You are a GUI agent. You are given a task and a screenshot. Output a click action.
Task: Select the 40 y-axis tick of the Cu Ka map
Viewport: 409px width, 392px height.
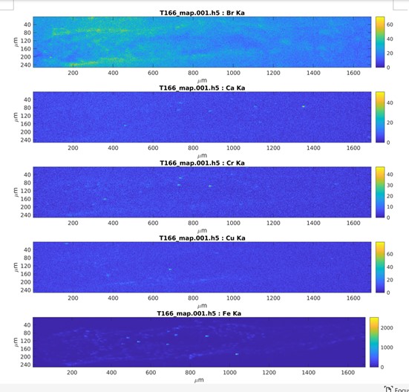[26, 249]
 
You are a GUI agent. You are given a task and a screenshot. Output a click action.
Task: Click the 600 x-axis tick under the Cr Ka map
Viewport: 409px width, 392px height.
[153, 223]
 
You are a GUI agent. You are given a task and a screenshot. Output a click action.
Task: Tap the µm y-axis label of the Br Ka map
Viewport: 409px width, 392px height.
[16, 42]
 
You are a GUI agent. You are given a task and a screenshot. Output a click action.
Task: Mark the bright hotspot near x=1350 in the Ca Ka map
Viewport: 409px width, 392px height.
[303, 106]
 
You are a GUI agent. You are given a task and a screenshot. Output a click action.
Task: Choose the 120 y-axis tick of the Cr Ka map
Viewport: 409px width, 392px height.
[26, 191]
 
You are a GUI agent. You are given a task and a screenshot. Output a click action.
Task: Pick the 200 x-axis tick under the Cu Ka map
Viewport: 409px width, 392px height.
[73, 298]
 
